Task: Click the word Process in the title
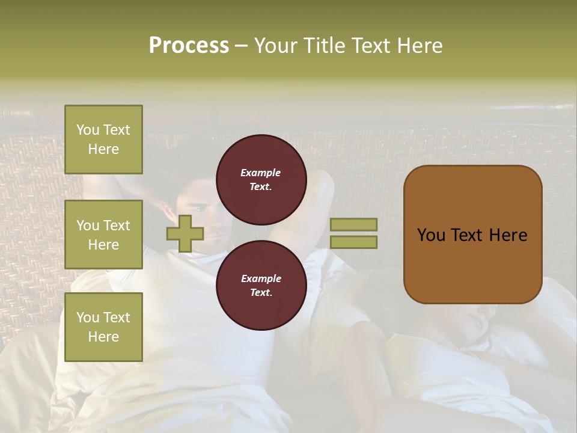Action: coord(189,46)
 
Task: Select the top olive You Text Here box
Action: coord(103,140)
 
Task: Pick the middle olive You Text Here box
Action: coord(103,235)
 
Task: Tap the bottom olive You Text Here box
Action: coord(103,327)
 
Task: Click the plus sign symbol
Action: coord(185,233)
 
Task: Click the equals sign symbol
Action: coord(353,233)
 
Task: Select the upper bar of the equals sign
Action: coord(353,224)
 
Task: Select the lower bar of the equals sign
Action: coord(353,242)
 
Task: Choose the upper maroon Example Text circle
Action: coord(261,179)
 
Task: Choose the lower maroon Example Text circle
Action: coord(261,285)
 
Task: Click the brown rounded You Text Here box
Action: coord(472,235)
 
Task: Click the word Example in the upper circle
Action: coord(261,173)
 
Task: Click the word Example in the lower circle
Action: coord(261,278)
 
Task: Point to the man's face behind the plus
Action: coord(210,223)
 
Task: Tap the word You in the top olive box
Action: coord(88,130)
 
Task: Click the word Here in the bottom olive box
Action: coord(103,337)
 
